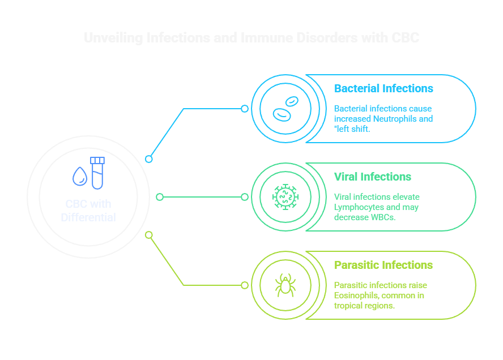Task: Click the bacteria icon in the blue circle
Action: tap(285, 109)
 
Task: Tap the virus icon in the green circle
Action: tap(285, 197)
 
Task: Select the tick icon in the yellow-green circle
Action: tap(285, 285)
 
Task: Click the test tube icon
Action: tap(97, 173)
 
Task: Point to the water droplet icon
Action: tap(79, 177)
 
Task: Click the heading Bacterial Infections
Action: tap(383, 89)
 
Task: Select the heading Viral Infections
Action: tap(372, 177)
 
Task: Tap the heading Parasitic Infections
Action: tap(383, 265)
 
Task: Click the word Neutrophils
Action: tap(394, 119)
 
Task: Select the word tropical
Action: tap(348, 306)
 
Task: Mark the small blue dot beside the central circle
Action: tap(149, 159)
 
